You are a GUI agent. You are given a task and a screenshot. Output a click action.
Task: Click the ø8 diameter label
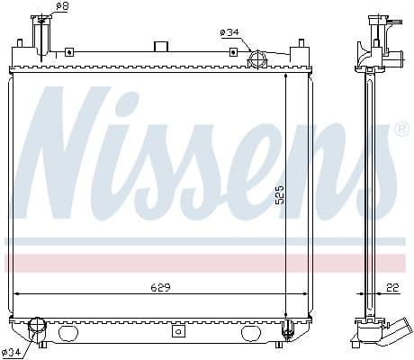pos(62,7)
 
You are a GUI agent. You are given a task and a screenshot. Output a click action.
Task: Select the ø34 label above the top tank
pos(229,32)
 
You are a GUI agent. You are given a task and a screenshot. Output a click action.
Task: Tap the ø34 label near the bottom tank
pos(13,351)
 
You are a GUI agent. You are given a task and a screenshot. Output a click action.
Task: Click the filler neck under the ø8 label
pos(40,36)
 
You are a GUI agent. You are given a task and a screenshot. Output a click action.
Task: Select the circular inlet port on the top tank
pos(256,60)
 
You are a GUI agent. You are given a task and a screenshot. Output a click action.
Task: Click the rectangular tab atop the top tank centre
pos(162,46)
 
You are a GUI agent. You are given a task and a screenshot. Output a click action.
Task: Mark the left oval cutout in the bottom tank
pos(68,333)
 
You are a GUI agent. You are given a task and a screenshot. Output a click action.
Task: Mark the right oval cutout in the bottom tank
pos(251,333)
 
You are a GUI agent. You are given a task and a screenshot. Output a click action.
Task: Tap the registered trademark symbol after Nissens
pos(401,130)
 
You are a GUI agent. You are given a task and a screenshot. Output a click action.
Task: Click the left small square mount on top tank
pos(19,42)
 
